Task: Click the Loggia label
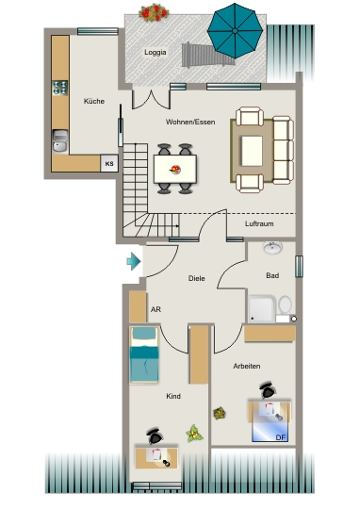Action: click(155, 52)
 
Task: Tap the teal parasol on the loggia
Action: click(235, 30)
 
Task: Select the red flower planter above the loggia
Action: click(154, 12)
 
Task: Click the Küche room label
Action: click(94, 101)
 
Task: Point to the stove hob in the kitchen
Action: click(60, 88)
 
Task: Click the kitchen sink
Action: click(60, 140)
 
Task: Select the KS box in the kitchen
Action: click(109, 163)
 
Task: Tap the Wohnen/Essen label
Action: click(190, 122)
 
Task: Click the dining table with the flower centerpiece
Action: click(175, 169)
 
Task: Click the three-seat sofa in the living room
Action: click(283, 150)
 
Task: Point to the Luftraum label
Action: click(259, 223)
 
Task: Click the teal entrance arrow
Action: click(134, 261)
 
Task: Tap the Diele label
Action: click(197, 278)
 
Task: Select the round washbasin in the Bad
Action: click(272, 248)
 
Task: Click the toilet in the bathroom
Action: click(285, 304)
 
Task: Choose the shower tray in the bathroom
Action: click(262, 309)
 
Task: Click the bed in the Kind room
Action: click(144, 354)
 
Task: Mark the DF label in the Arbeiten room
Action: click(281, 437)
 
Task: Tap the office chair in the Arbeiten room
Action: click(268, 390)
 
